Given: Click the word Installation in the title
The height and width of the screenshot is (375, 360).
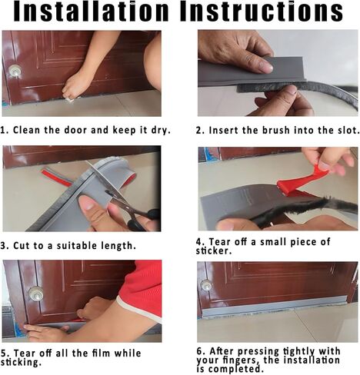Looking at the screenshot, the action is point(91,12).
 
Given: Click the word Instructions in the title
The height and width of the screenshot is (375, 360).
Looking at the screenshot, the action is point(262,12).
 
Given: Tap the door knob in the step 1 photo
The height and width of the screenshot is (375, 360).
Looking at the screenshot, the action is point(15,71).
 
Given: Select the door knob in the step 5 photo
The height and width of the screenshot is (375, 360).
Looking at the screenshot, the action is point(36,294).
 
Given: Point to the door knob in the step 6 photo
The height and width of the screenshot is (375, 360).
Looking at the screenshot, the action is point(206,285).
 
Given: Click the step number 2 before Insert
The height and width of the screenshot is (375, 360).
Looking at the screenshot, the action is point(199,131).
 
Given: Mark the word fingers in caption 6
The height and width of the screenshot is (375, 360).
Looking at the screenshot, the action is point(239,360).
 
